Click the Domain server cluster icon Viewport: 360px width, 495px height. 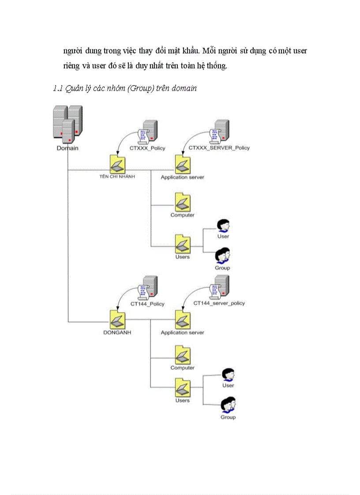tap(67, 123)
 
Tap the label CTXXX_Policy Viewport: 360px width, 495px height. tap(147, 148)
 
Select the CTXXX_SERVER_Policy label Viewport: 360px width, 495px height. tap(219, 148)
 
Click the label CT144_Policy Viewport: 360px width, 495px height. tap(147, 304)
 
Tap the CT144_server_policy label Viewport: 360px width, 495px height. tap(219, 303)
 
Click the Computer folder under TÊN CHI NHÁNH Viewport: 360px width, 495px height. tap(182, 202)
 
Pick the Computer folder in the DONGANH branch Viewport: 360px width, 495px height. tap(182, 355)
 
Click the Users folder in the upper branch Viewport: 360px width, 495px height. tap(182, 243)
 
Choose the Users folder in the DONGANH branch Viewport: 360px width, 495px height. tap(182, 387)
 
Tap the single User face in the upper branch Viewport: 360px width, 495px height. tap(224, 226)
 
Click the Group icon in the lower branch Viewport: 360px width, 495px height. tap(228, 404)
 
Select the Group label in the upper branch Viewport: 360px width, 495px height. tap(222, 268)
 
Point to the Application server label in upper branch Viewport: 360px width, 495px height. tap(182, 178)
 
